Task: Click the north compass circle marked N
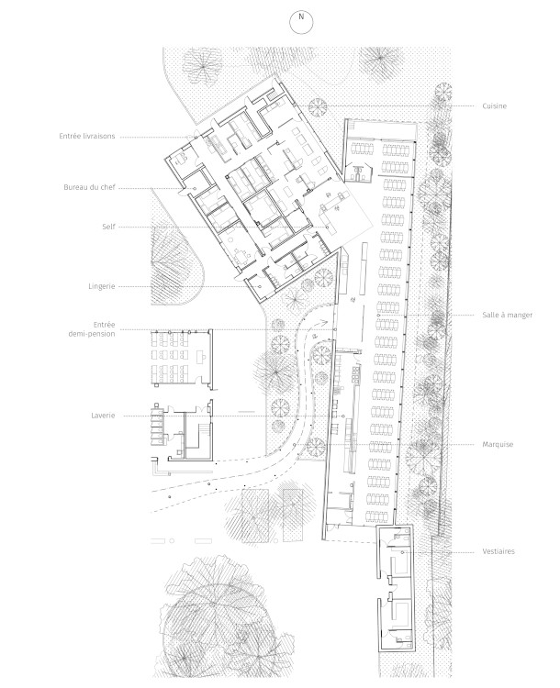pyautogui.click(x=301, y=22)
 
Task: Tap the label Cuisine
pyautogui.click(x=494, y=106)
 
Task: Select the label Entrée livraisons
pyautogui.click(x=87, y=137)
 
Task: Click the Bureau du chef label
pyautogui.click(x=89, y=187)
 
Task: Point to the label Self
pyautogui.click(x=108, y=227)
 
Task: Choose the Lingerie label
pyautogui.click(x=102, y=286)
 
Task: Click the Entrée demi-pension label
pyautogui.click(x=92, y=329)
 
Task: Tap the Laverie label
pyautogui.click(x=103, y=416)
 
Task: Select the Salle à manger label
pyautogui.click(x=508, y=315)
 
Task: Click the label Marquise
pyautogui.click(x=498, y=445)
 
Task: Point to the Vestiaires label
pyautogui.click(x=498, y=551)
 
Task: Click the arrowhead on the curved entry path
pyautogui.click(x=326, y=322)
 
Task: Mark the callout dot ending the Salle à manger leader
pyautogui.click(x=378, y=315)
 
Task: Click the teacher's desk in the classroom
pyautogui.click(x=202, y=356)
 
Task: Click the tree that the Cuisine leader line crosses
pyautogui.click(x=318, y=107)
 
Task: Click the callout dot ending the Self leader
pyautogui.click(x=327, y=227)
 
